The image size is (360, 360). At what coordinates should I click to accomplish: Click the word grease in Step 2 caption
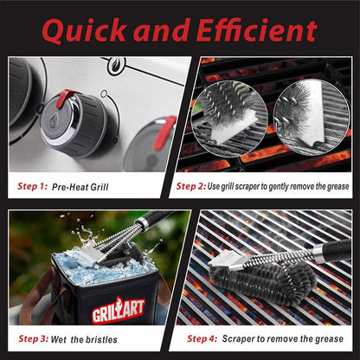pos(331,185)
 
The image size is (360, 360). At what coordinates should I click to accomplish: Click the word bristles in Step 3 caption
pos(102,338)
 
